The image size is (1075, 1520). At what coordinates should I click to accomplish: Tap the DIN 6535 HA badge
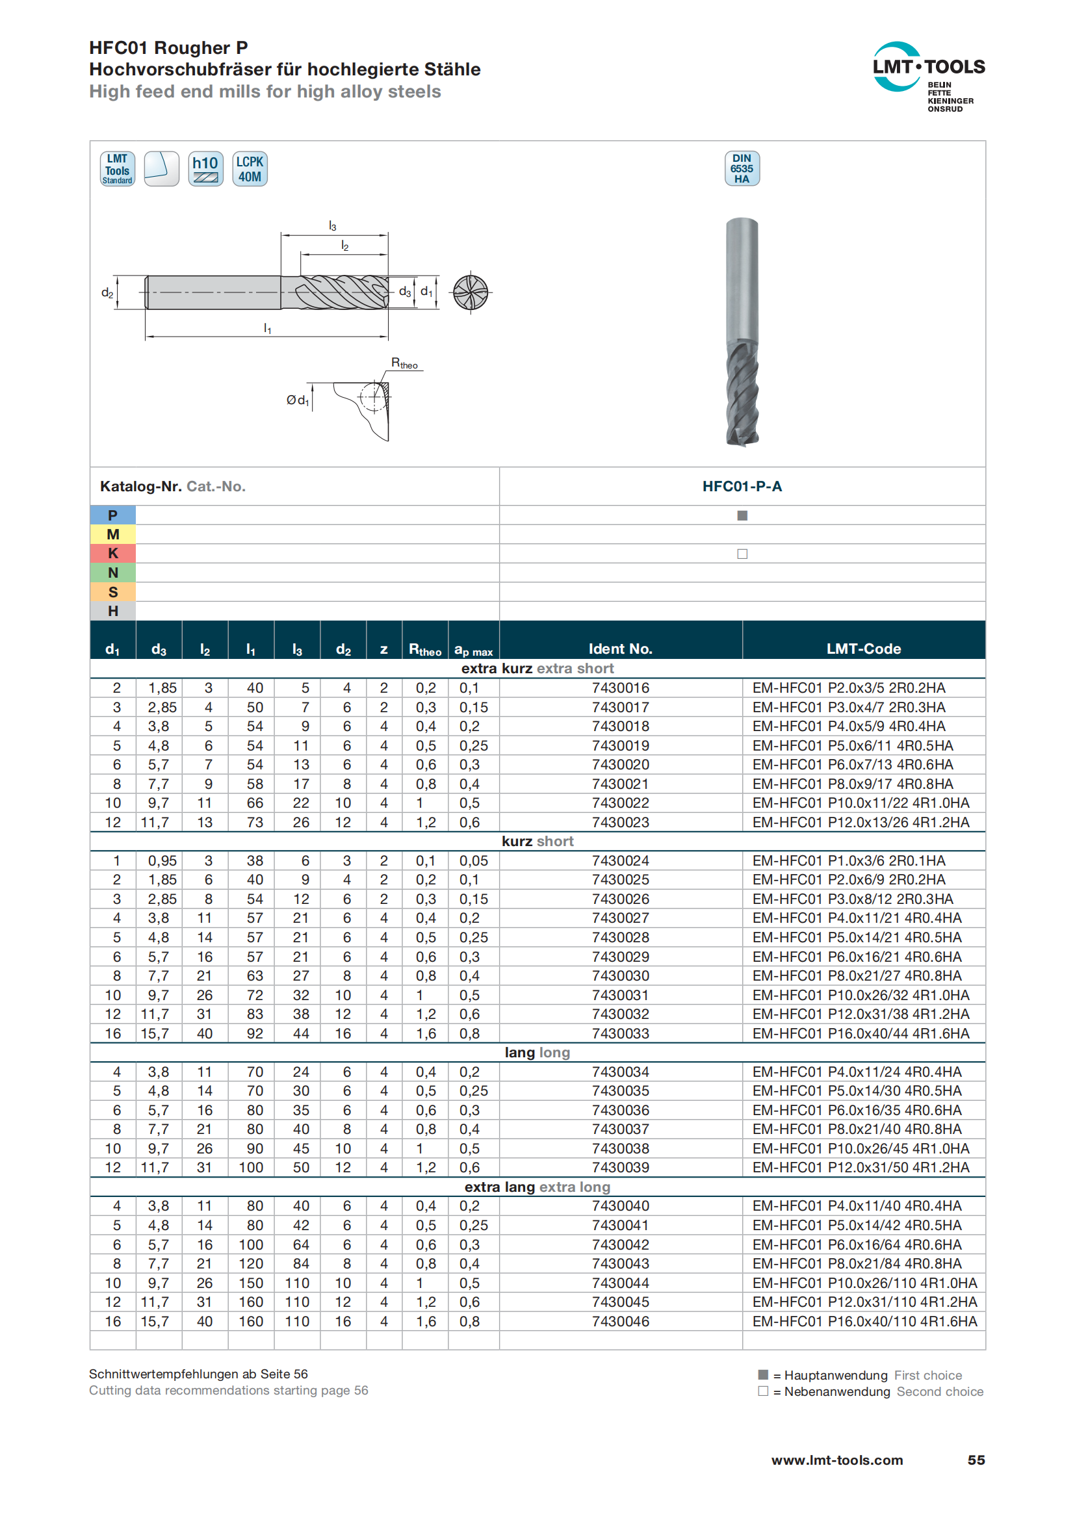pos(742,169)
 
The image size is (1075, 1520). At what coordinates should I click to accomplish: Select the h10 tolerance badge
pos(205,169)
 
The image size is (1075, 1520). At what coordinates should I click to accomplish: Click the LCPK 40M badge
pos(250,169)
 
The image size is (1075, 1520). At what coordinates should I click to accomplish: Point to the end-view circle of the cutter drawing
pos(470,292)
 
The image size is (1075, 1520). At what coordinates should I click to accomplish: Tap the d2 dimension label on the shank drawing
pos(107,292)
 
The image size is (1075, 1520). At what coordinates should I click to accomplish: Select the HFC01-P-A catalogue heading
pos(742,487)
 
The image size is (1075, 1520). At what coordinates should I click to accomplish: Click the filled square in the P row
pos(742,516)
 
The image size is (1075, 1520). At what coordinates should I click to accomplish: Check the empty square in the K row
pos(742,554)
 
